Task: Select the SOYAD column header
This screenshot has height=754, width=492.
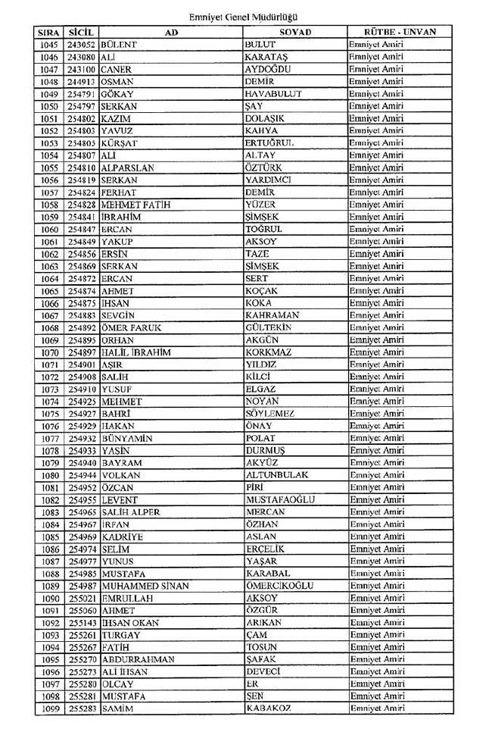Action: click(295, 33)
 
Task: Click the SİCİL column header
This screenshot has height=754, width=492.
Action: click(80, 33)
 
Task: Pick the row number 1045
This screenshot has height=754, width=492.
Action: click(48, 45)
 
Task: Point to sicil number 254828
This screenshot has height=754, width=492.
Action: click(81, 205)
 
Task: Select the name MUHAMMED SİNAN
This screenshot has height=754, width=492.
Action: click(145, 586)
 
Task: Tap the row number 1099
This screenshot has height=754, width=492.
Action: click(48, 709)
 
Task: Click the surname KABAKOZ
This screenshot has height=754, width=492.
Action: click(269, 709)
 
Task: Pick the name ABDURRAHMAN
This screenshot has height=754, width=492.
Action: click(137, 659)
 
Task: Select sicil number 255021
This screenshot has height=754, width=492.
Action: click(81, 598)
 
